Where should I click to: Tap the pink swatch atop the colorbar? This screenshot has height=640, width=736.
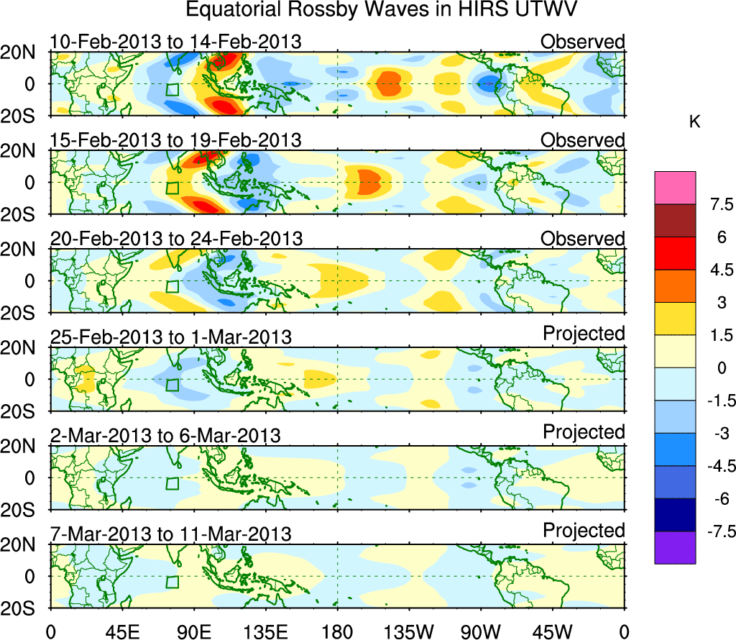pos(675,188)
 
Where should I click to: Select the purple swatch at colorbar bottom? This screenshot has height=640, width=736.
pos(675,547)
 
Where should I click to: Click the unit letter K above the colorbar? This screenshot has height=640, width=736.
pos(694,122)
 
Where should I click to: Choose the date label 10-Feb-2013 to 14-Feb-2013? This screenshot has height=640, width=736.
pos(176,42)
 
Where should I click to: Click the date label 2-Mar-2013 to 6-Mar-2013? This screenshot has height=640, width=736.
pos(165,435)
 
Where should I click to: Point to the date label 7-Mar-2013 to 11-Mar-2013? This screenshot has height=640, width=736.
pos(171,534)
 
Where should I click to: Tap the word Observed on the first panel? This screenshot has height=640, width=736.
pos(583,42)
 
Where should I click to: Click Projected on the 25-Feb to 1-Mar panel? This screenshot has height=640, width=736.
pos(584,334)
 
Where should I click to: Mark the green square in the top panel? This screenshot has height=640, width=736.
pos(172,90)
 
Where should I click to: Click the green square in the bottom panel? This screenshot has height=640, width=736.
pos(172,582)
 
